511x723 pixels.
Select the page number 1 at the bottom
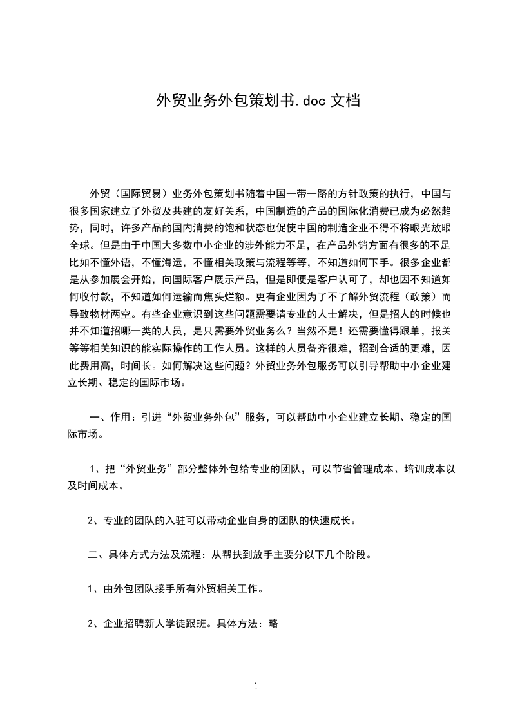(x=256, y=686)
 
